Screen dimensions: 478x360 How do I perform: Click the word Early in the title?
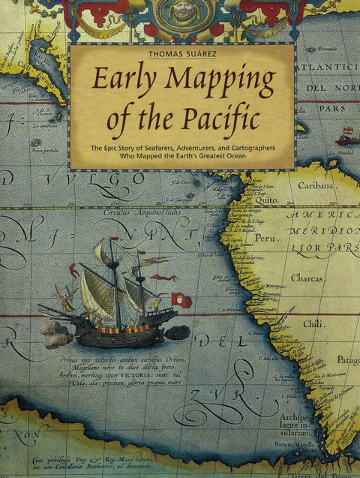point(121,81)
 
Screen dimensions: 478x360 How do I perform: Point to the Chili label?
point(313,324)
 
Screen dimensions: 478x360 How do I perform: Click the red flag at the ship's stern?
point(181,299)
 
